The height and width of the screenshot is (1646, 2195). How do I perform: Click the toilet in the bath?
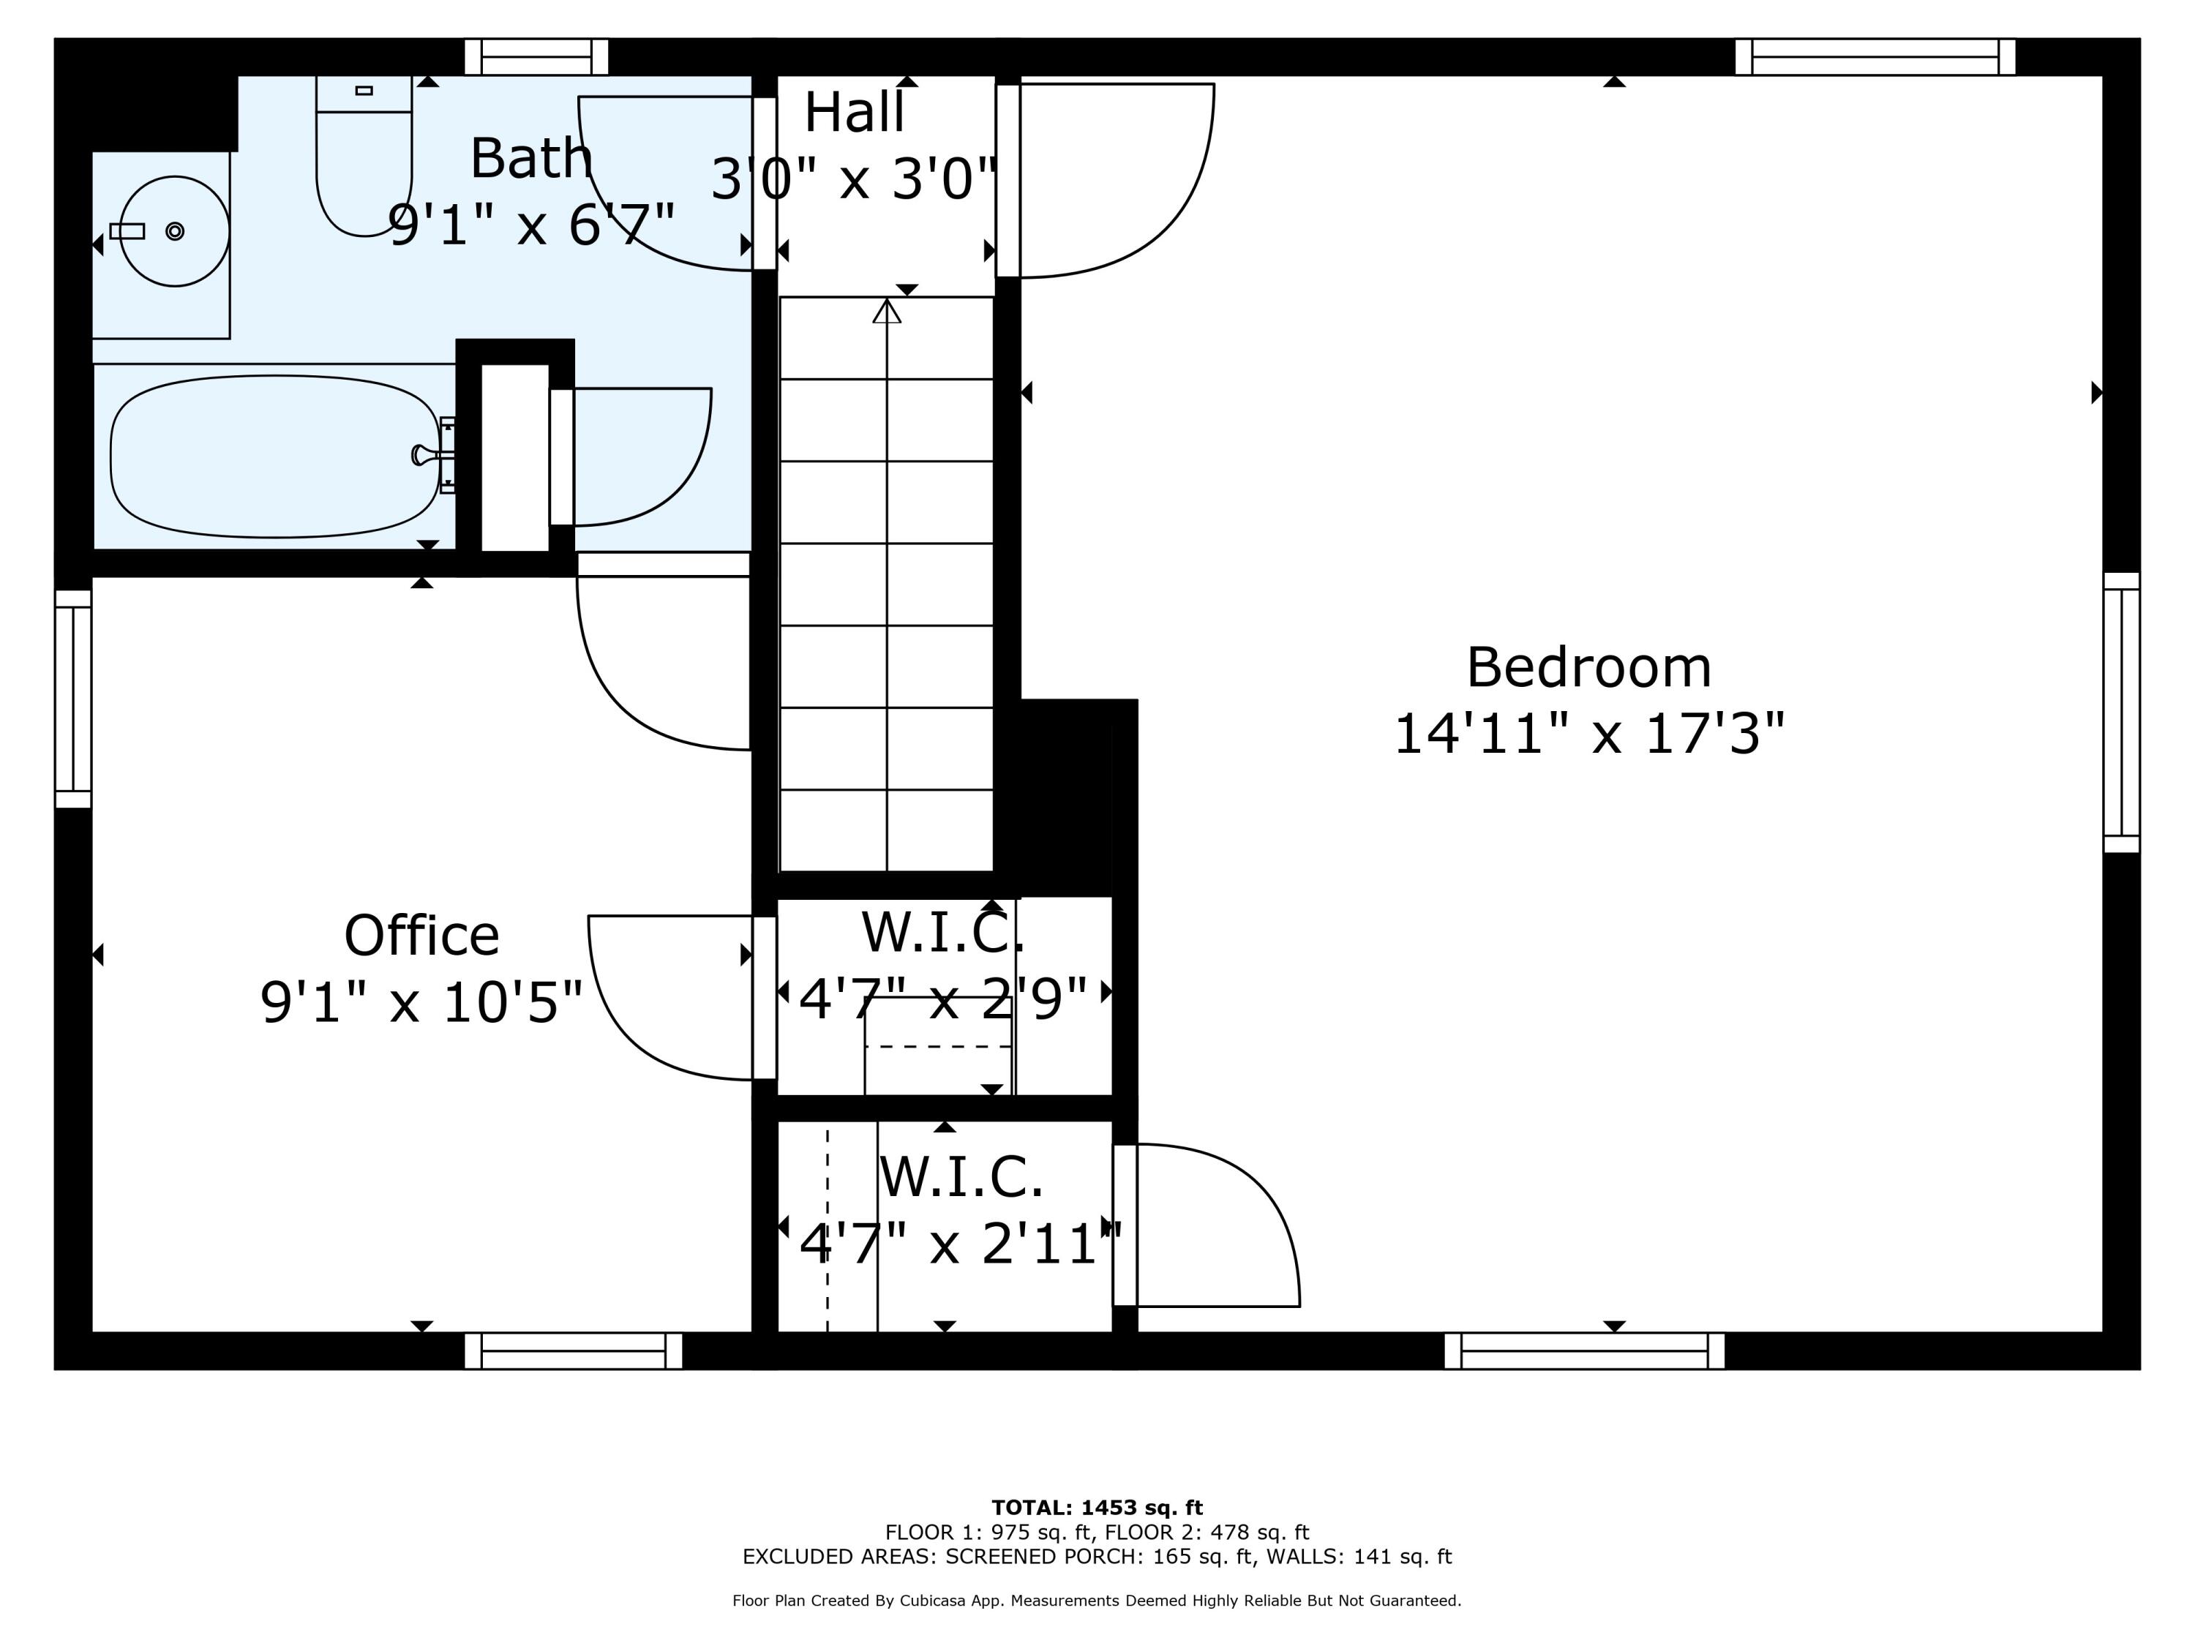tap(364, 156)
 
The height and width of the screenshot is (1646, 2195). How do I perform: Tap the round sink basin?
tap(175, 231)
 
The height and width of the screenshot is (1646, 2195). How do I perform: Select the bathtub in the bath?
tap(275, 456)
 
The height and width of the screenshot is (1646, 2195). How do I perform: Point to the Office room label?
tap(421, 936)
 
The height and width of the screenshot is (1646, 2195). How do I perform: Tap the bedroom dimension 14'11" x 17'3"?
tap(1588, 734)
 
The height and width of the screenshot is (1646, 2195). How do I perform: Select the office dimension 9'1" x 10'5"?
tap(421, 1002)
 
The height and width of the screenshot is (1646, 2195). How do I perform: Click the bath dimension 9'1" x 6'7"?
tap(532, 225)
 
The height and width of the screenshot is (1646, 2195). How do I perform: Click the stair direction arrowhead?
tap(887, 311)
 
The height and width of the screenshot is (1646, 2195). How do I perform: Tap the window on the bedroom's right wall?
tap(2122, 713)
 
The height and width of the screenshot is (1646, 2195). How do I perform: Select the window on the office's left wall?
tap(73, 699)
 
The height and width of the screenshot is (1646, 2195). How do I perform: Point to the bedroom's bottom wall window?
tap(1585, 1350)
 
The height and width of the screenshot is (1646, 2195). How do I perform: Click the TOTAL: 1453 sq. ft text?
tap(1097, 1508)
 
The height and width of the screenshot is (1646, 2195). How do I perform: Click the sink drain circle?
tap(175, 231)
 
